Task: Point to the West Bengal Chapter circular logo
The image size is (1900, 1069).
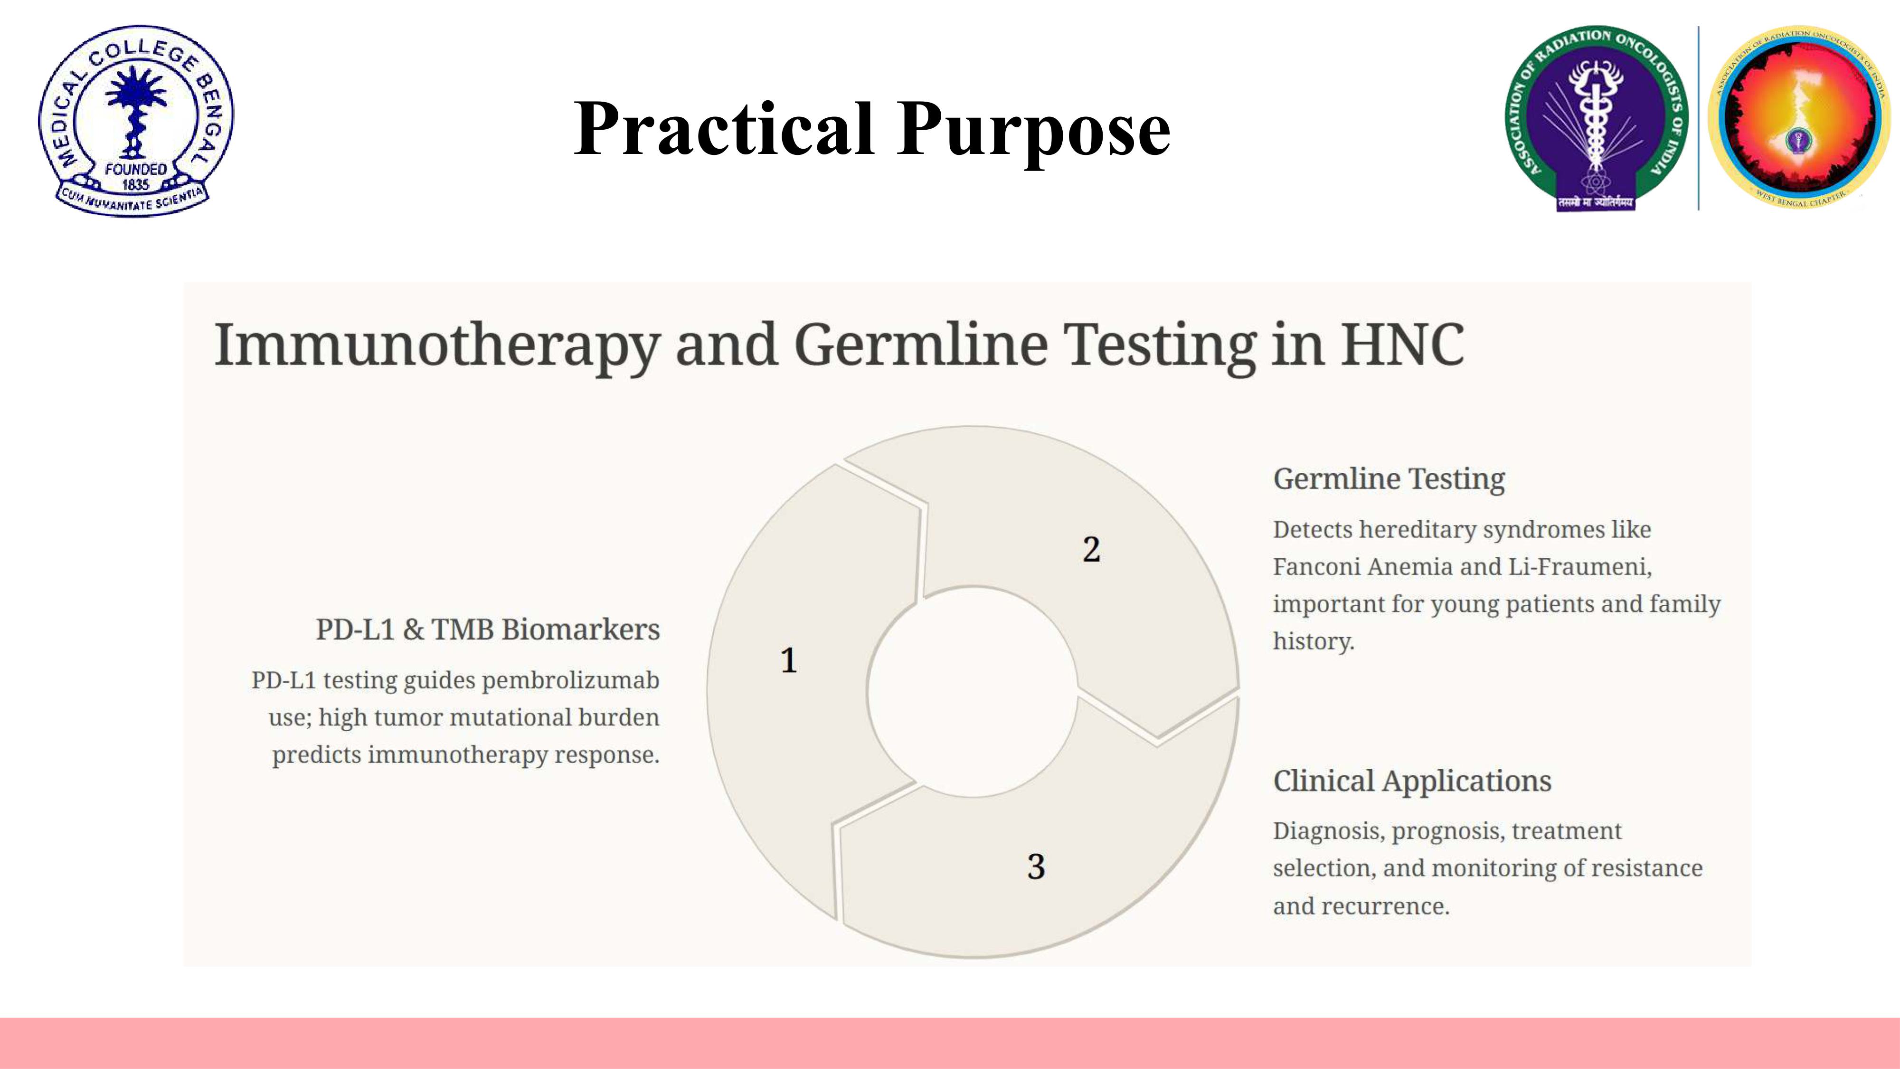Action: (1799, 116)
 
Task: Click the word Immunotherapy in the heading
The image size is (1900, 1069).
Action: (436, 345)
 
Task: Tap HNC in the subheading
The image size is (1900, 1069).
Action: (1402, 344)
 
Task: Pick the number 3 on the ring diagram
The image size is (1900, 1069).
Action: (1036, 866)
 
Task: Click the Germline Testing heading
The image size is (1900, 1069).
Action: (1389, 479)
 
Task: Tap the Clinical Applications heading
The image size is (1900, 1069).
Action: (1412, 781)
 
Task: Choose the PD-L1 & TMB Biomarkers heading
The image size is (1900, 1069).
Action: (488, 630)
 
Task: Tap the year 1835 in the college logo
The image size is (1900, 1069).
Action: (136, 184)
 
